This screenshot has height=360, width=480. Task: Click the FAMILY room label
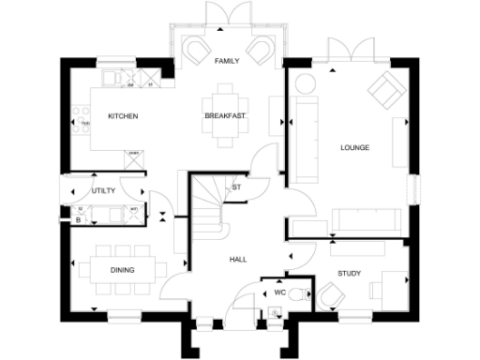(x=226, y=61)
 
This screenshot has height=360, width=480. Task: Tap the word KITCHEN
(x=123, y=116)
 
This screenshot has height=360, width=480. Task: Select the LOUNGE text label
(x=354, y=147)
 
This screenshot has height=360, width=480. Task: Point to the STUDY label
(x=350, y=274)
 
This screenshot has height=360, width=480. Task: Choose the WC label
(x=279, y=292)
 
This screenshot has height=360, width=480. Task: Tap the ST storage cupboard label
(x=236, y=187)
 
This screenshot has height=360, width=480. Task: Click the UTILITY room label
(x=103, y=191)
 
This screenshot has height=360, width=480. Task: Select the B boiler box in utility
(x=78, y=220)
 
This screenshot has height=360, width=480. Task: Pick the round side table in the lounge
(x=306, y=84)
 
